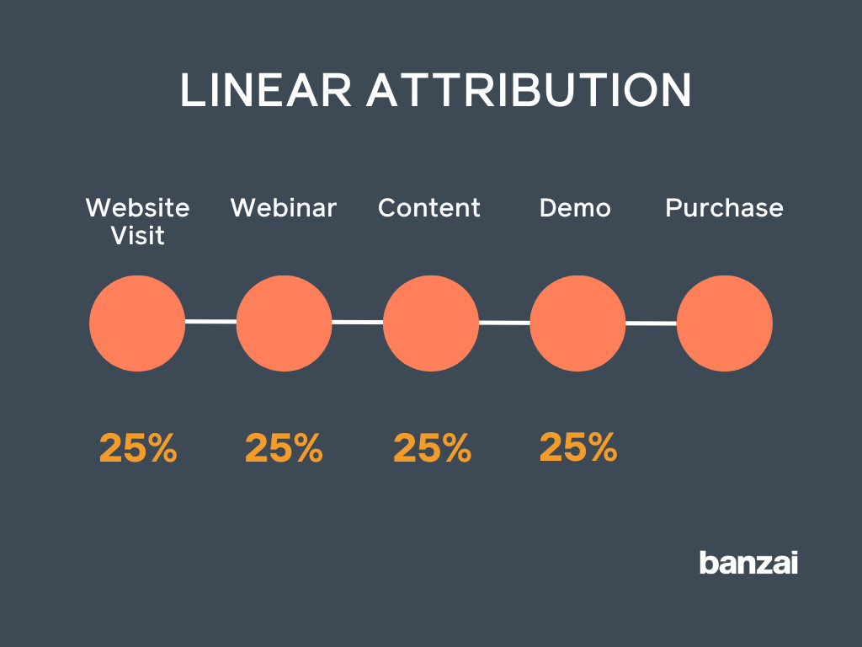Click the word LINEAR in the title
coord(265,91)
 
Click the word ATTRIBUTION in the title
coord(529,91)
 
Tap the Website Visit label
coord(138,221)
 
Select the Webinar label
coord(284,208)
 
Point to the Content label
coord(429,208)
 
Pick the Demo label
coord(575,208)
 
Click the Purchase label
coord(724,208)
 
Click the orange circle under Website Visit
coord(137,323)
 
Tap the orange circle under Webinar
coord(284,323)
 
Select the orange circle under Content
coord(431,323)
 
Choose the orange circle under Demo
coord(577,323)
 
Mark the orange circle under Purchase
coord(724,323)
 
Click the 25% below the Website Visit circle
coord(138,449)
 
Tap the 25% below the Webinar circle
coord(284,449)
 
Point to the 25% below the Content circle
coord(432,449)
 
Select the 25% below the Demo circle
coord(578,447)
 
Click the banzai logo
coord(748,562)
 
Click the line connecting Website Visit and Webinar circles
coord(210,321)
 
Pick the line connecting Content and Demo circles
coord(504,322)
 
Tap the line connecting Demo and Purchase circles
coord(651,323)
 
